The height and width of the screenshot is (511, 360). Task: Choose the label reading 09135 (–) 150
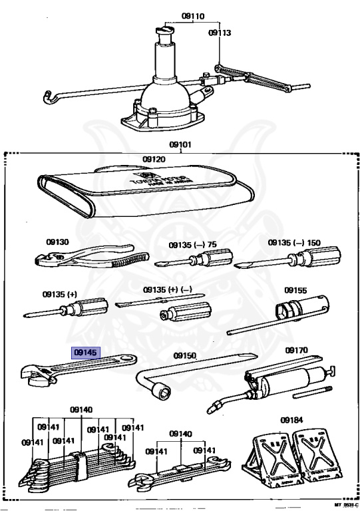click(x=293, y=244)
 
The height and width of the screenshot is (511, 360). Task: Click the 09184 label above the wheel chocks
click(x=290, y=420)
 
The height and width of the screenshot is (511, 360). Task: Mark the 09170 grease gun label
click(x=297, y=350)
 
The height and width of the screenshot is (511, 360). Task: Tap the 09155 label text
click(x=295, y=290)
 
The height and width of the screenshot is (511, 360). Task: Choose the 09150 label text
click(x=185, y=356)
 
